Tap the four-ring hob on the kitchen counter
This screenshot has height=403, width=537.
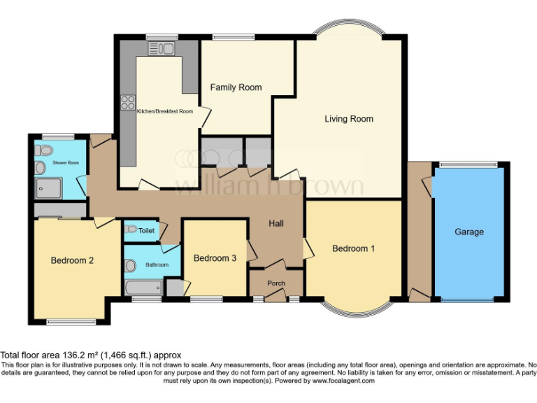[128, 103]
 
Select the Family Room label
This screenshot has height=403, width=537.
[236, 87]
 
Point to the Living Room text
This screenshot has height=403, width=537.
[349, 119]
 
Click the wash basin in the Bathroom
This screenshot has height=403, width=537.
[130, 265]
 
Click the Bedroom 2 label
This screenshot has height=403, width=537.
[72, 261]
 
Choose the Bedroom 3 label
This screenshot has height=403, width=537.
[215, 258]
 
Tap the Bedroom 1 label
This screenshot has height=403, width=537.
[353, 248]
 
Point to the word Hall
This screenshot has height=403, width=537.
[277, 223]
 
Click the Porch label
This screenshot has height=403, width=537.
[276, 283]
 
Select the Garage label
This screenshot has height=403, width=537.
[469, 232]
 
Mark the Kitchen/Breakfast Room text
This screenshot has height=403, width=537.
[164, 111]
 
